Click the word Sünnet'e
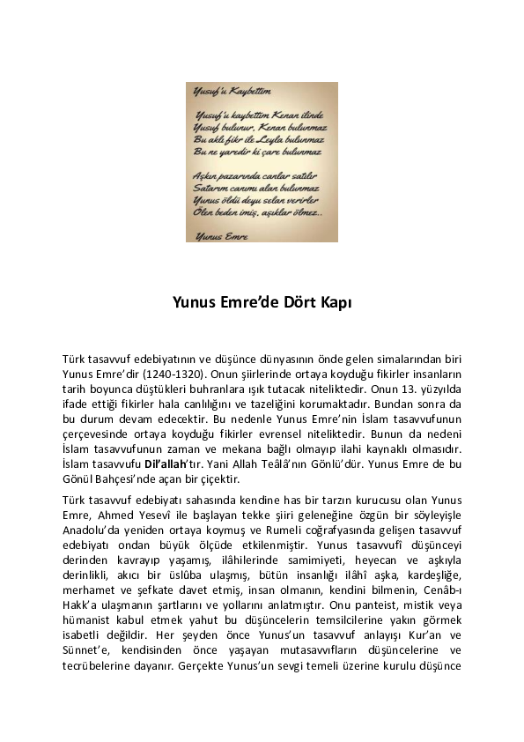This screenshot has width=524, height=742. coord(89,649)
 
